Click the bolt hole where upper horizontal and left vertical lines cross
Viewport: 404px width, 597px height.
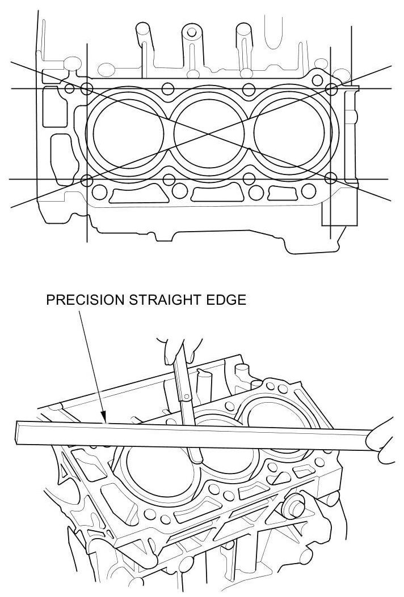87,88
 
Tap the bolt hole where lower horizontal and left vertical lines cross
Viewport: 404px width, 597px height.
87,180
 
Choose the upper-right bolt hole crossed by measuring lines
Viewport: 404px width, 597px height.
331,88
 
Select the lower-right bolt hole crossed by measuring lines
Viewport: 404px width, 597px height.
331,179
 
